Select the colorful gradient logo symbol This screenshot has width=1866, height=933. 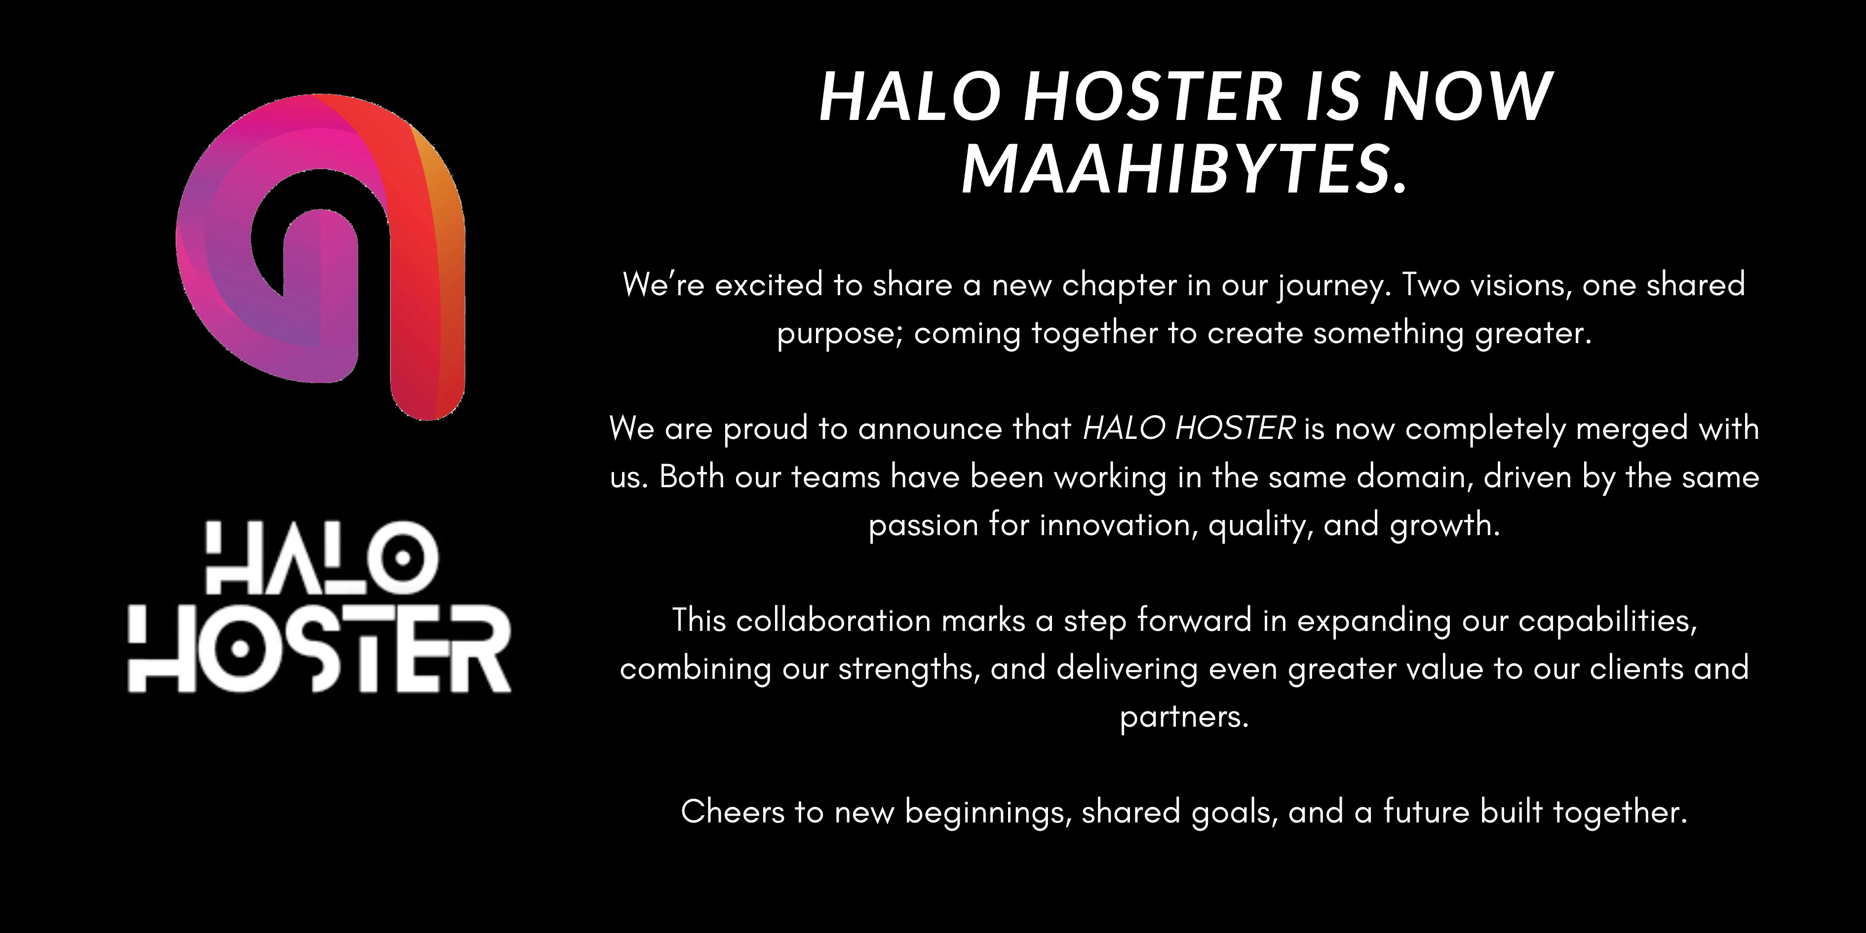point(321,256)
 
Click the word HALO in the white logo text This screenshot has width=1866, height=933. point(321,558)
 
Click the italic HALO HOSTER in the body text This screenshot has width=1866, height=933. point(1189,428)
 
